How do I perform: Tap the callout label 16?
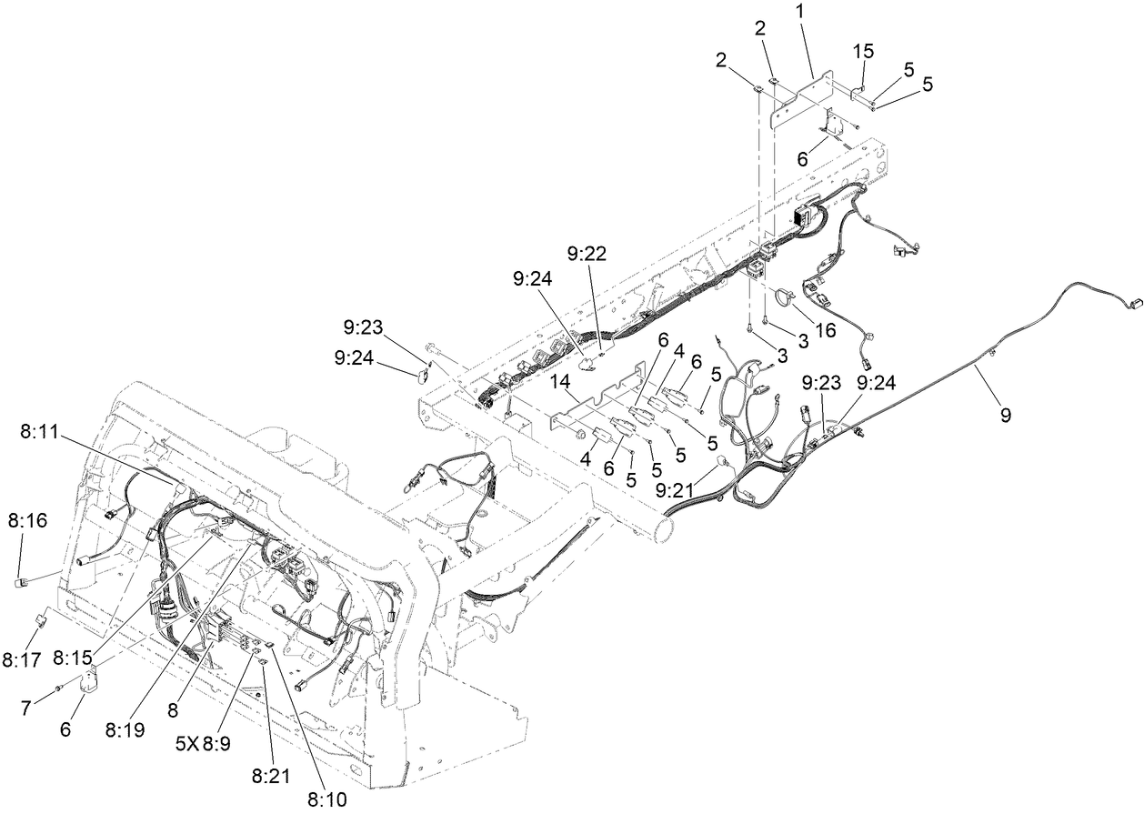click(x=825, y=329)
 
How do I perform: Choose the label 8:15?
click(x=72, y=656)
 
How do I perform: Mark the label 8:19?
click(x=125, y=729)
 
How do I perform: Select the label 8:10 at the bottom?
click(x=326, y=799)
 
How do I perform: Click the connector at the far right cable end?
click(x=1133, y=307)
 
